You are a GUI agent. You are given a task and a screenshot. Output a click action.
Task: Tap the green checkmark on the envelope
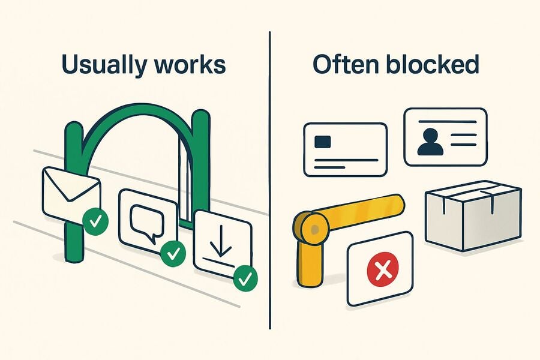point(95,221)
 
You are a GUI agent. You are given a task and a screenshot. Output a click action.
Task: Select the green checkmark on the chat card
point(173,254)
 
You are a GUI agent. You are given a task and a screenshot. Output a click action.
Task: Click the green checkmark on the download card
point(245,278)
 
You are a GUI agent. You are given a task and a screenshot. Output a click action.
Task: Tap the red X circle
point(383,269)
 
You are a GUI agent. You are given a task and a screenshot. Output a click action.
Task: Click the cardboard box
point(473,215)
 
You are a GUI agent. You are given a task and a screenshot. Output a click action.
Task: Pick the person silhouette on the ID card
point(430,141)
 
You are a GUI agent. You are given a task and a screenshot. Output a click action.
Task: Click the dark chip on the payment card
point(323,141)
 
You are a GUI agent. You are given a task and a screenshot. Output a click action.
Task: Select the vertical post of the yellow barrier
point(310,263)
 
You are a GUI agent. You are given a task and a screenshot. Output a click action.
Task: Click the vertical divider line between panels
point(269,180)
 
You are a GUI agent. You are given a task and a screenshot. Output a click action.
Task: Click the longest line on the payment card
point(346,160)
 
